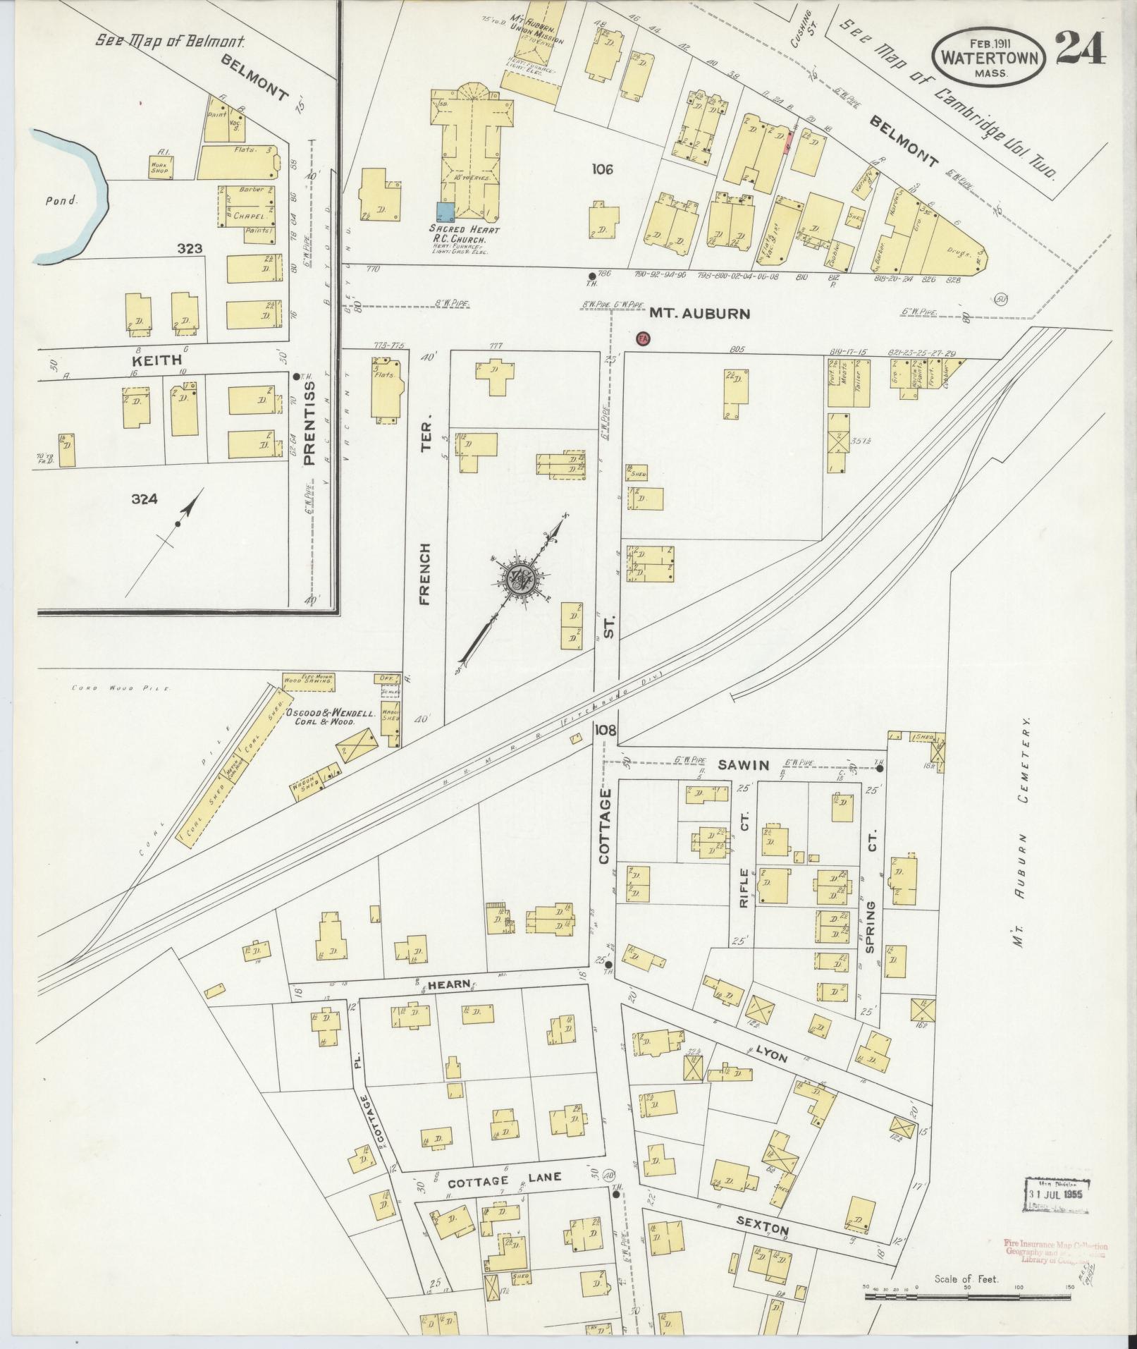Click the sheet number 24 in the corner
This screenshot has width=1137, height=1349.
coord(1080,49)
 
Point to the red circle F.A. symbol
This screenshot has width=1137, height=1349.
coord(642,338)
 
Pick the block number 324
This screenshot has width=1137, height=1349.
coord(144,499)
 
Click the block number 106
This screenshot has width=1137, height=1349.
coord(603,169)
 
